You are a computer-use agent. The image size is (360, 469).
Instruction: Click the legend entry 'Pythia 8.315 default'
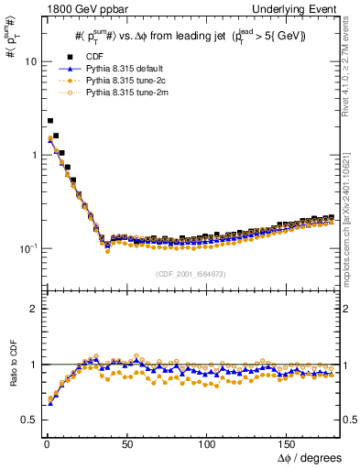coord(122,69)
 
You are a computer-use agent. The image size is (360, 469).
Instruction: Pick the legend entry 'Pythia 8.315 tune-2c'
coord(122,81)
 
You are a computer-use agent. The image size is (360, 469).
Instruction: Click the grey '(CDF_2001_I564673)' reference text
coord(191,273)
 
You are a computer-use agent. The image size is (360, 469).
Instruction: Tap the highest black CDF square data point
coord(50,120)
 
